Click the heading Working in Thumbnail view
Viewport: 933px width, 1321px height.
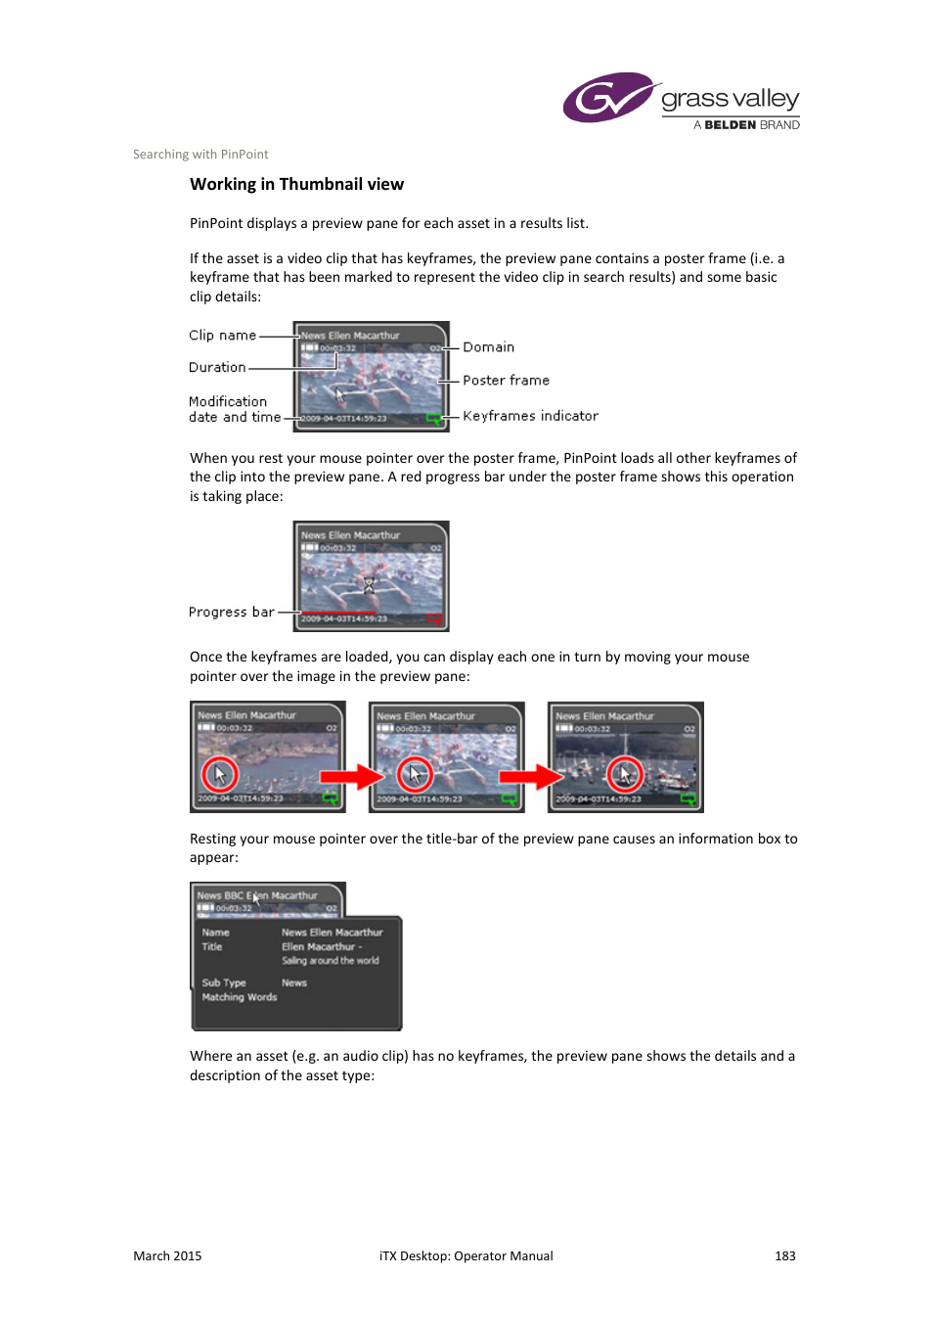pyautogui.click(x=296, y=184)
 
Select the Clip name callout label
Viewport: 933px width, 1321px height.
pyautogui.click(x=222, y=335)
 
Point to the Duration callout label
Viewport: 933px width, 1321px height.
pyautogui.click(x=217, y=367)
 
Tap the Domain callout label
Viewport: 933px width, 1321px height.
pyautogui.click(x=488, y=347)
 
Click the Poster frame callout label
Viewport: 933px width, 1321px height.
pyautogui.click(x=506, y=381)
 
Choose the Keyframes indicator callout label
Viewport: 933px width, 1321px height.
pyautogui.click(x=530, y=416)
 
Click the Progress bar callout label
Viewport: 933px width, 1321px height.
pyautogui.click(x=231, y=612)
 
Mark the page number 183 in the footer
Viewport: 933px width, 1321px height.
pyautogui.click(x=784, y=1255)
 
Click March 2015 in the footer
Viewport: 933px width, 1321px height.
pyautogui.click(x=167, y=1255)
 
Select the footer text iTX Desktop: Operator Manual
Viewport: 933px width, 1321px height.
pyautogui.click(x=466, y=1255)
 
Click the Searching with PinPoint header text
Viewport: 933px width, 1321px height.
pyautogui.click(x=200, y=154)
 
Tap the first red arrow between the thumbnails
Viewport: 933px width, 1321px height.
pyautogui.click(x=352, y=777)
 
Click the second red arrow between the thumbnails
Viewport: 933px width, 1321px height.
pyautogui.click(x=531, y=777)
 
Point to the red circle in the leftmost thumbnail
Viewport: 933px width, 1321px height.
pyautogui.click(x=220, y=775)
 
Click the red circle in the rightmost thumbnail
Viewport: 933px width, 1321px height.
pyautogui.click(x=625, y=775)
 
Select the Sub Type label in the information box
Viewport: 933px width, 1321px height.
pyautogui.click(x=224, y=982)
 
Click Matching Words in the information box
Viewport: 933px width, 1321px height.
pyautogui.click(x=240, y=997)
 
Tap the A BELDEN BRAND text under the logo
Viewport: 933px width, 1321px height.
pyautogui.click(x=746, y=125)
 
